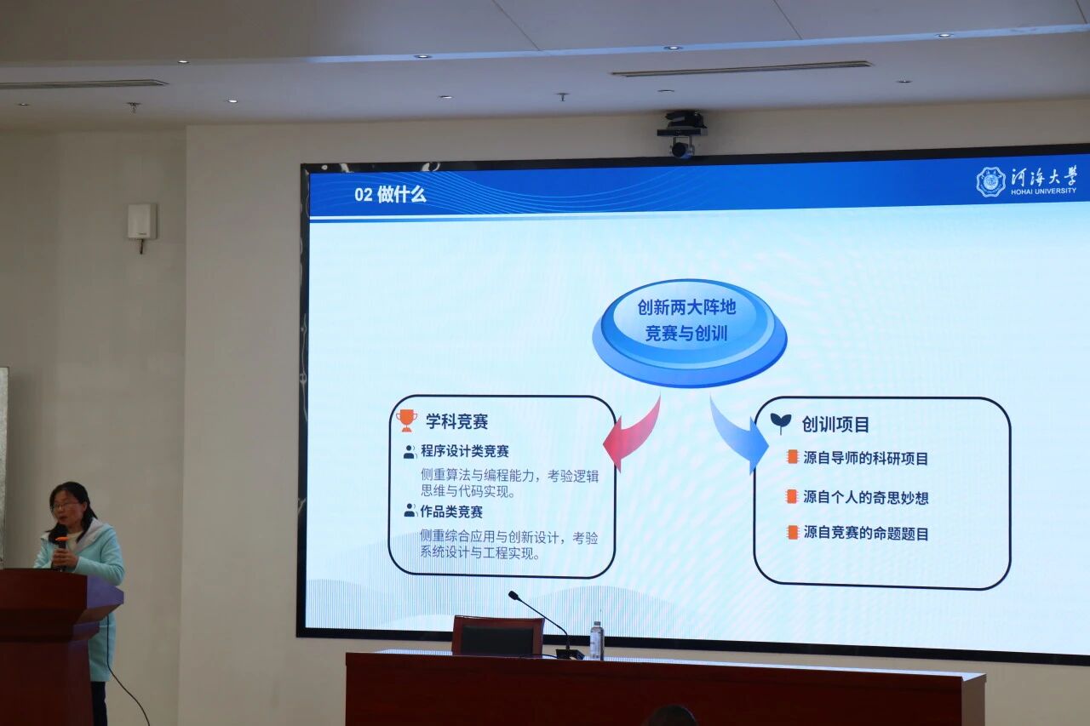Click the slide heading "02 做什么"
[x=390, y=195]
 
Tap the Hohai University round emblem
[x=990, y=181]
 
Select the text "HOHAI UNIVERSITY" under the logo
[x=1044, y=192]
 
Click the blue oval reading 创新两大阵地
[x=689, y=333]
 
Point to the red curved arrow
[x=633, y=432]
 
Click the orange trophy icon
[x=407, y=420]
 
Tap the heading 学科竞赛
[x=457, y=421]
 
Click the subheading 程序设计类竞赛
[x=465, y=451]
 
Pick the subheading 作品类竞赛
[x=451, y=512]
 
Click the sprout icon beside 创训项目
[x=781, y=423]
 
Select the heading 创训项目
[x=835, y=425]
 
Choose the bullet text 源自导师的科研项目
[x=866, y=458]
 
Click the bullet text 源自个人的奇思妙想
[x=866, y=497]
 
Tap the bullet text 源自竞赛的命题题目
[x=866, y=534]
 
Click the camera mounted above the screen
[x=682, y=134]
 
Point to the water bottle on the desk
[x=597, y=640]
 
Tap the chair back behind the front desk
[x=498, y=636]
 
